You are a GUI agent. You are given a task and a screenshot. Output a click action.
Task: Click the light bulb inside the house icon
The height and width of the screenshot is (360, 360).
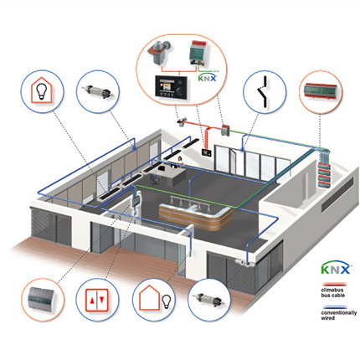pos(42,90)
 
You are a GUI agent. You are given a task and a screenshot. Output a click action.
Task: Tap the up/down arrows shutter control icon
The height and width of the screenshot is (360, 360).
pos(96,300)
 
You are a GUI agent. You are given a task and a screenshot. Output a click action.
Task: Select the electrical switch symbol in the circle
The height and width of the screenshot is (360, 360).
pos(264,92)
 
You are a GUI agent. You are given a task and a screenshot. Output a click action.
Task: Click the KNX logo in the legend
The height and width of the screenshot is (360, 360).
pos(336,269)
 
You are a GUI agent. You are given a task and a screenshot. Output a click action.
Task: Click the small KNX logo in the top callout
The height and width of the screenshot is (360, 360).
pos(208,78)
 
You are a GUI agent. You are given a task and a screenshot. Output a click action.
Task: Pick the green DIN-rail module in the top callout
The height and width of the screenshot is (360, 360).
pos(198,54)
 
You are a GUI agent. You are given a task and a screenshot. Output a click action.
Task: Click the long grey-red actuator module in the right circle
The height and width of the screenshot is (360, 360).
pos(320,90)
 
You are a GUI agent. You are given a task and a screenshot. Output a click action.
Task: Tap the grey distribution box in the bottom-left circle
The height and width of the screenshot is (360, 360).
pos(41,300)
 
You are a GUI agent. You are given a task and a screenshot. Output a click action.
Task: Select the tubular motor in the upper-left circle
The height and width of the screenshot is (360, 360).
pos(97,91)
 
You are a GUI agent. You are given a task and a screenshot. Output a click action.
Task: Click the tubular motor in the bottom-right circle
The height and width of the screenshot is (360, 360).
pos(208,300)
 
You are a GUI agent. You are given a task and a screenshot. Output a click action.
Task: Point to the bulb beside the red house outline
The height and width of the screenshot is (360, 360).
pos(167,302)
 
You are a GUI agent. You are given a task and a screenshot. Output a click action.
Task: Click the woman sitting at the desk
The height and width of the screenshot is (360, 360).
pos(180,162)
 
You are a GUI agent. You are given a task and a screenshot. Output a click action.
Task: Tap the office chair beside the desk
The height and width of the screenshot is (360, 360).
pos(155,180)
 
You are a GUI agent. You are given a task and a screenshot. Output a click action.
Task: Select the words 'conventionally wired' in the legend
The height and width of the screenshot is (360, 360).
pos(338,316)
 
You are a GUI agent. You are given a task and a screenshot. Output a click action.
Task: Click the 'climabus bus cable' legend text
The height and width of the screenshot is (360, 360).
pos(332,292)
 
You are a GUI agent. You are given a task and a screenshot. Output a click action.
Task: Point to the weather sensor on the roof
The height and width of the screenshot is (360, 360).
pos(181,121)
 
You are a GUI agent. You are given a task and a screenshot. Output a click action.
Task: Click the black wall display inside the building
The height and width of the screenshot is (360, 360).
pos(207,152)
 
